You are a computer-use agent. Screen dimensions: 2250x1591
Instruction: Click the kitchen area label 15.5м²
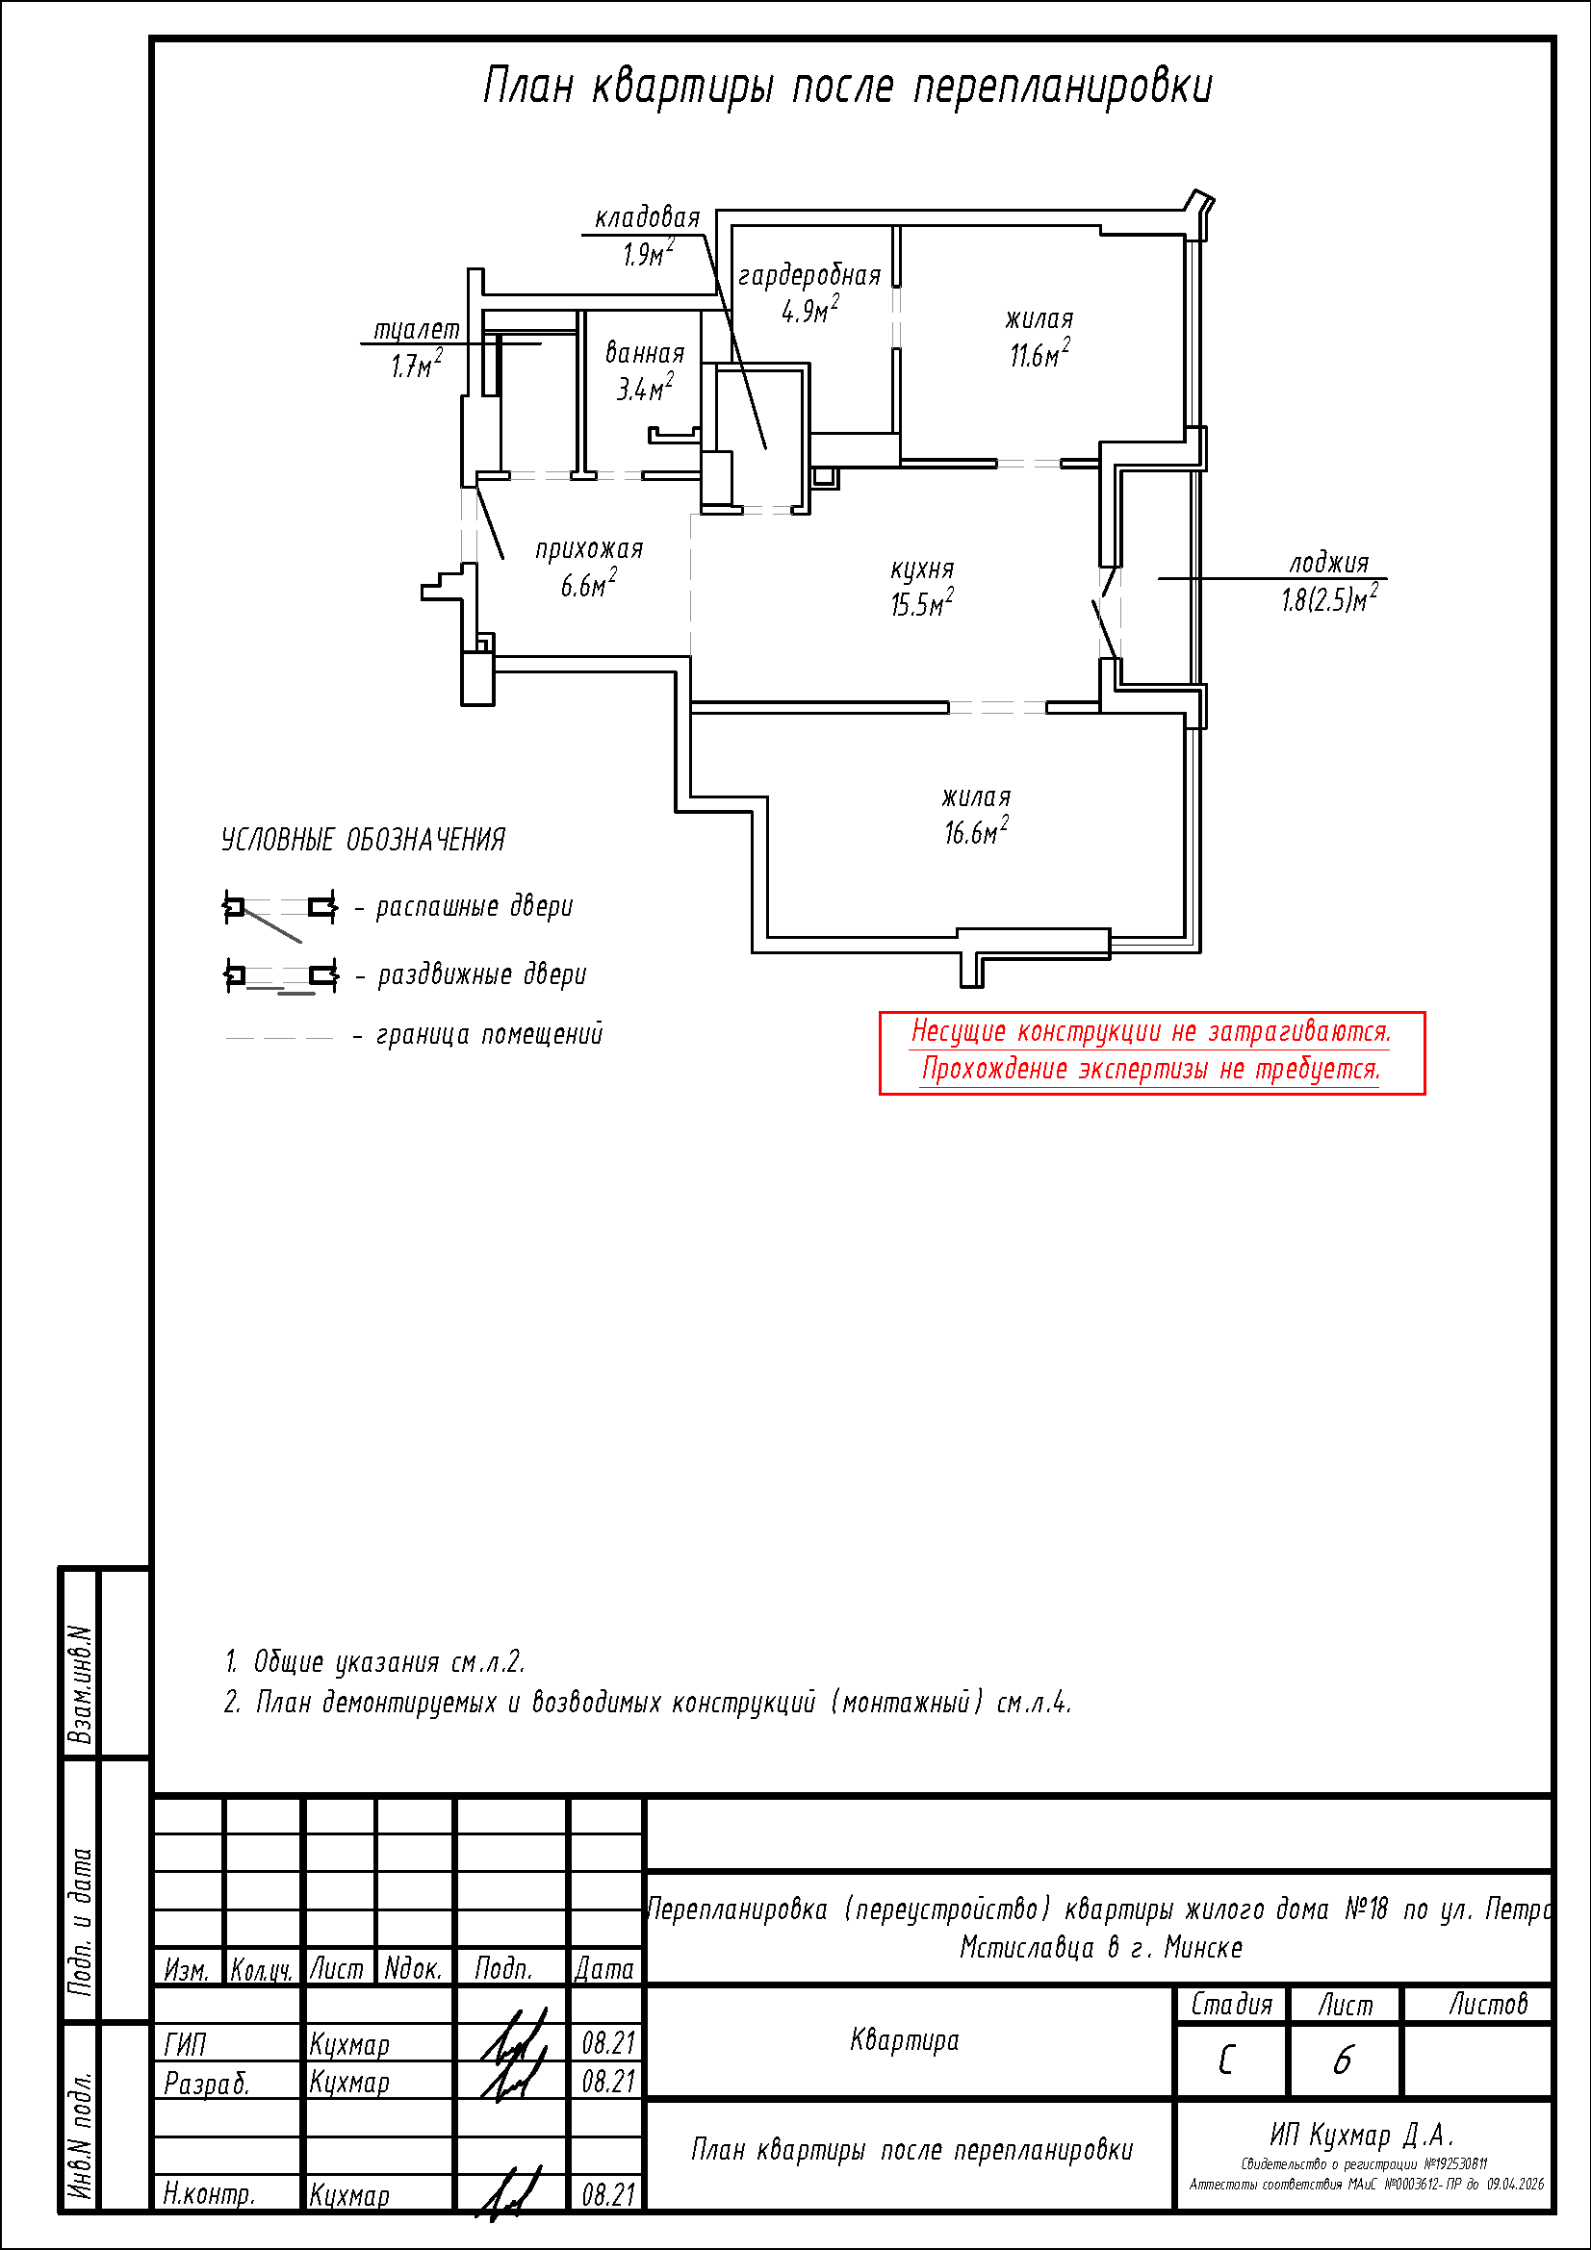[x=921, y=605]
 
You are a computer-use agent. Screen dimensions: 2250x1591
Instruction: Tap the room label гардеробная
[x=808, y=275]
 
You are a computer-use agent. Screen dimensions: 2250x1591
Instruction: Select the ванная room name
[x=644, y=353]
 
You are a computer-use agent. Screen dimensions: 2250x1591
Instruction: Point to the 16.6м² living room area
[x=975, y=833]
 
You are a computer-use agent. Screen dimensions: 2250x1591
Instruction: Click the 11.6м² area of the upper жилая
[x=1039, y=355]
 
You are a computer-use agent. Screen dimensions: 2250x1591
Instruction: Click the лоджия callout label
[x=1328, y=564]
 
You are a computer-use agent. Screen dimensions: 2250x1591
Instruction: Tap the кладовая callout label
[x=648, y=217]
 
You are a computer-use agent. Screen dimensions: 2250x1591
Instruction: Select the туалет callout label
[x=417, y=330]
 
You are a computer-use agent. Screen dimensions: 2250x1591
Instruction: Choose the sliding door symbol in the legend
[x=280, y=977]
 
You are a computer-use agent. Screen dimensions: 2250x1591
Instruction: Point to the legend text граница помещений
[x=489, y=1035]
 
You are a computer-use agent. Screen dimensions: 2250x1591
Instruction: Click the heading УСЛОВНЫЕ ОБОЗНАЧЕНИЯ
[x=363, y=840]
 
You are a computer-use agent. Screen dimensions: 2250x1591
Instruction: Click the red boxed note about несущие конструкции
[x=1151, y=1052]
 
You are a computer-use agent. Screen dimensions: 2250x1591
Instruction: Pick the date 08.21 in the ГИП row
[x=607, y=2043]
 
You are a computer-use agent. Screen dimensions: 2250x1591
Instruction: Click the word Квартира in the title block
[x=904, y=2040]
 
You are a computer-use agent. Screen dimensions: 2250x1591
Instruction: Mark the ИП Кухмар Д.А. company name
[x=1362, y=2136]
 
